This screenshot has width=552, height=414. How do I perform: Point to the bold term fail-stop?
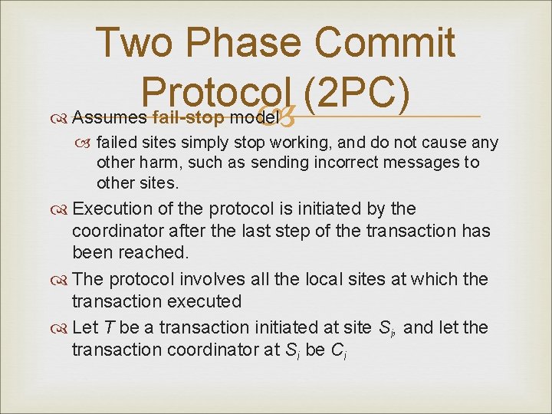[188, 118]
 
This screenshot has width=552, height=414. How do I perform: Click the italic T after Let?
[110, 328]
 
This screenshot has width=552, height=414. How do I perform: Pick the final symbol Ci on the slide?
[339, 351]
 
